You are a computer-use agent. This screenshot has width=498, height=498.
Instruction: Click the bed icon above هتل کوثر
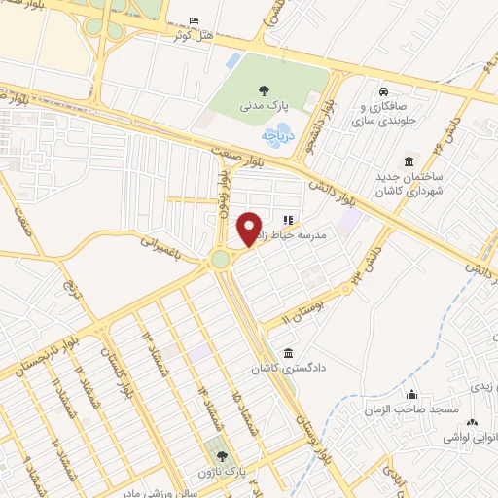[x=193, y=21]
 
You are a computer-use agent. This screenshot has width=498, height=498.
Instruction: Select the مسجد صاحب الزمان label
[x=411, y=410]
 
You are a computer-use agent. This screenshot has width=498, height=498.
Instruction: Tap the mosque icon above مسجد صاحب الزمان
[x=411, y=396]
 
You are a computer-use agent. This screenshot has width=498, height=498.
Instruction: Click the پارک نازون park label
[x=241, y=472]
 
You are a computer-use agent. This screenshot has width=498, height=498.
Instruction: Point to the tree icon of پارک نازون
[x=221, y=456]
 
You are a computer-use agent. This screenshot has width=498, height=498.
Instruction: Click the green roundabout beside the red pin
[x=221, y=259]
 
